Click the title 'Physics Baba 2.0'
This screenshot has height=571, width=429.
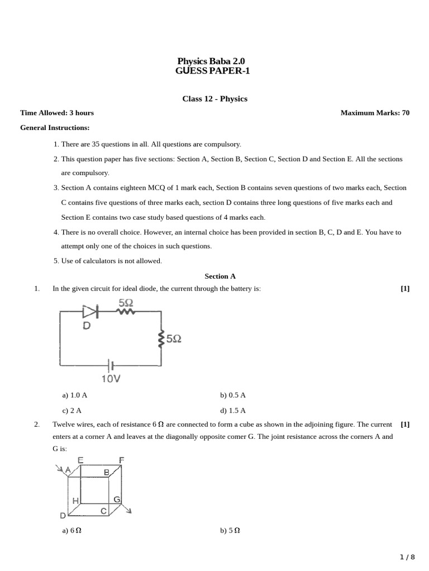pos(211,61)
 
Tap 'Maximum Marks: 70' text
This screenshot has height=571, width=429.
pos(375,113)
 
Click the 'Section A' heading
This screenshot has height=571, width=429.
pos(220,276)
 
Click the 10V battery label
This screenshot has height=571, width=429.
pos(111,379)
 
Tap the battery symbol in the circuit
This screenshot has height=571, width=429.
pos(111,366)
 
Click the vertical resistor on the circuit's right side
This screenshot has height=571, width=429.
pos(161,338)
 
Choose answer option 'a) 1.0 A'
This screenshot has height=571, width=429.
pos(75,395)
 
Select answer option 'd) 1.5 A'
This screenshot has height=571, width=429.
pos(233,410)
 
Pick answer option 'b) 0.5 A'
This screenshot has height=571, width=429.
pos(233,395)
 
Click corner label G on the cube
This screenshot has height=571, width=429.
pos(117,500)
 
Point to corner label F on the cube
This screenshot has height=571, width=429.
pos(121,460)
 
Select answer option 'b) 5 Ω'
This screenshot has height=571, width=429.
pos(230,531)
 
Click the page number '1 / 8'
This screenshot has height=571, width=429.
pos(408,557)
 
